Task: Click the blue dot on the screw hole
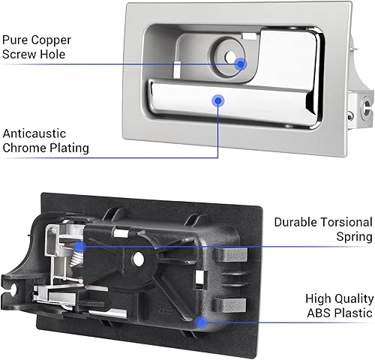click(x=241, y=64)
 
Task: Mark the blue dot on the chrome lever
click(x=218, y=99)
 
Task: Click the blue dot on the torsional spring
click(x=81, y=244)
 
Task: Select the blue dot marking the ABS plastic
click(x=200, y=321)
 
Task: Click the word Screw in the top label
click(x=22, y=55)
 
